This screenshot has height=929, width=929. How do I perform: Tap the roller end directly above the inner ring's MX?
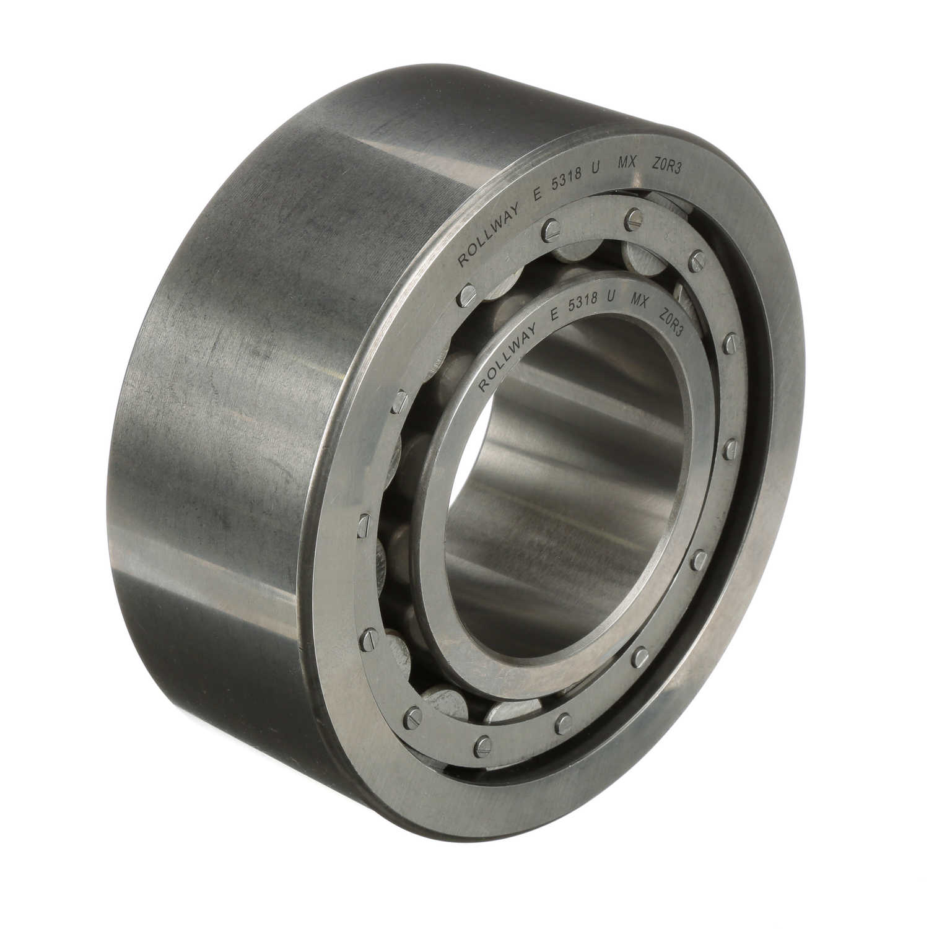tap(638, 255)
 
